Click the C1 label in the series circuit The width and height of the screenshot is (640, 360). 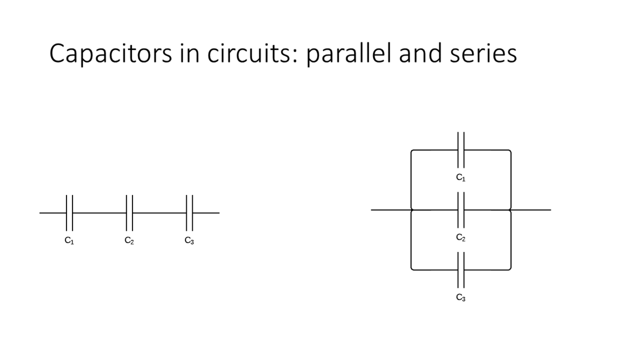pos(69,241)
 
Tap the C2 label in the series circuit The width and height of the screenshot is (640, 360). pos(129,241)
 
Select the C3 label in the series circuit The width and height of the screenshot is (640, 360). pos(190,241)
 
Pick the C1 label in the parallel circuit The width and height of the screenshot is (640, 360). pos(460,178)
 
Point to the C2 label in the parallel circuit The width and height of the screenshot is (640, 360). pos(460,238)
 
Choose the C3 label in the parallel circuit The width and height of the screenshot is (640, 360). pos(460,297)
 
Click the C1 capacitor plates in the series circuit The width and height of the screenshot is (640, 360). pos(69,213)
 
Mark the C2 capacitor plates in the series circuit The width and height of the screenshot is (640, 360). pos(129,213)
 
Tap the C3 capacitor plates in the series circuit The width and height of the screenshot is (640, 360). pos(190,213)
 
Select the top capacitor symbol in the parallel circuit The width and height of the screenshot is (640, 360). pos(460,150)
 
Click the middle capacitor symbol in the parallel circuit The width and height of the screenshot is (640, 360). pos(460,210)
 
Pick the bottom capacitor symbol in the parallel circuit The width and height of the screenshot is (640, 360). pos(460,270)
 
